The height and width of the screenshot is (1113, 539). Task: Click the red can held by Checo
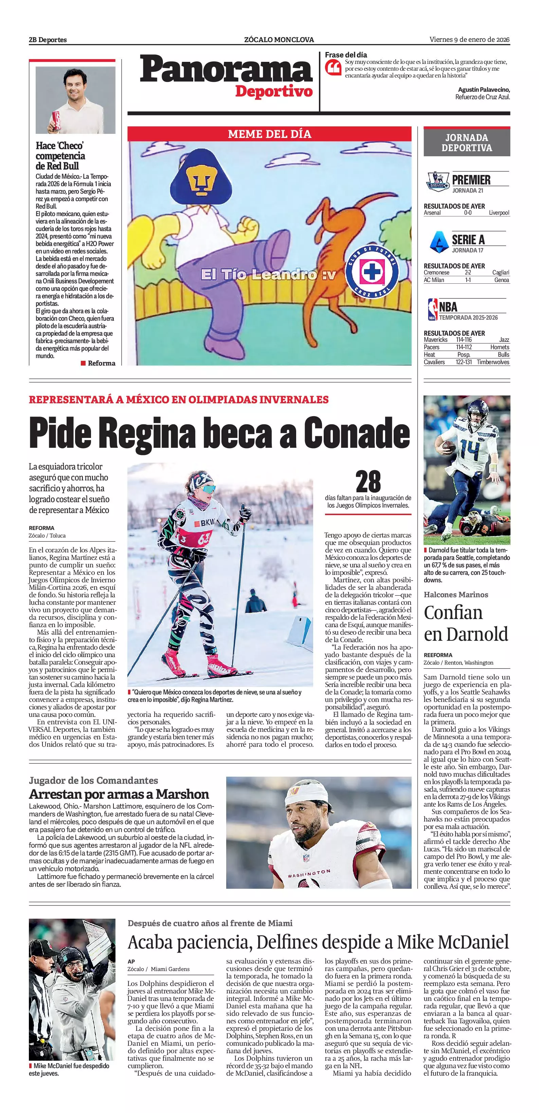pyautogui.click(x=56, y=120)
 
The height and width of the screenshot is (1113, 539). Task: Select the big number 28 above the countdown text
pyautogui.click(x=368, y=482)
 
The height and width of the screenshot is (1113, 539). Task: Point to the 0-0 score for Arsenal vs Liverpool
pyautogui.click(x=467, y=213)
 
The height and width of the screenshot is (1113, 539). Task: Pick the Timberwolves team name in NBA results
pyautogui.click(x=493, y=362)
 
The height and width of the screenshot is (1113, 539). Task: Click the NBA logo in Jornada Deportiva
pyautogui.click(x=432, y=310)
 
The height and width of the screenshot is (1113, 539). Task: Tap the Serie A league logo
pyautogui.click(x=439, y=242)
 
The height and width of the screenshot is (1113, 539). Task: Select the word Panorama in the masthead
pyautogui.click(x=226, y=70)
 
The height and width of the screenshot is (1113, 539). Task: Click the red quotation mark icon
pyautogui.click(x=333, y=67)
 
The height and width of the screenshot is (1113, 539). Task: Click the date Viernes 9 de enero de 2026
pyautogui.click(x=469, y=40)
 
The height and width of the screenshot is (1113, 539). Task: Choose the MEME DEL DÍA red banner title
pyautogui.click(x=270, y=134)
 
